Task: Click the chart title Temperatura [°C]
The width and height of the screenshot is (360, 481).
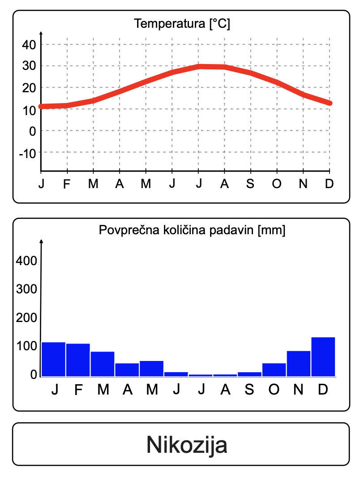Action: point(182,24)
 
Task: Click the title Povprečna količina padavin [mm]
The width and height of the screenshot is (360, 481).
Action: point(192,231)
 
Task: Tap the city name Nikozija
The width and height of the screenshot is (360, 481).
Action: point(187,445)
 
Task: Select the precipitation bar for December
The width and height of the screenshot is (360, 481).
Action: point(323,356)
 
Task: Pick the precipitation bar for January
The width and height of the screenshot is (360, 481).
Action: point(53,359)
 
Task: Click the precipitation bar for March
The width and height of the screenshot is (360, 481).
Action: point(103,364)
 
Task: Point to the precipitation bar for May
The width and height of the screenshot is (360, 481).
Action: point(151,368)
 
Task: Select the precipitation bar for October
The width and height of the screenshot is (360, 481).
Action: point(274,369)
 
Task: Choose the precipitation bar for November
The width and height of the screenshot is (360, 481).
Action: point(299,363)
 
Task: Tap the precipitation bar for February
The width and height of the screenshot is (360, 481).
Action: point(78,360)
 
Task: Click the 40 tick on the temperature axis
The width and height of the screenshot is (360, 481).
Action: point(29,45)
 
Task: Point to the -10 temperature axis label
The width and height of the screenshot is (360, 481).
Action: point(27,153)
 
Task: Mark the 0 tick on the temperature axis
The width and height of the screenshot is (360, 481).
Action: point(32,131)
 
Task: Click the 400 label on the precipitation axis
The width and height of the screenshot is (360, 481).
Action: point(26,261)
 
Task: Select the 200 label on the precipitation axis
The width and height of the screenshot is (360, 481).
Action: point(26,318)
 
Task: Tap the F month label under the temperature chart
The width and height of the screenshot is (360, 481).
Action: point(67,184)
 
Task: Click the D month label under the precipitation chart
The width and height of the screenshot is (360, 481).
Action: point(323,390)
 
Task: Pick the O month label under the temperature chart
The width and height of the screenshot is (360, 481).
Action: point(277,184)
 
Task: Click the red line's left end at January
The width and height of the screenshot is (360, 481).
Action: point(41,107)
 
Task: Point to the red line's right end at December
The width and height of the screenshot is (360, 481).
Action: point(330,103)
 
